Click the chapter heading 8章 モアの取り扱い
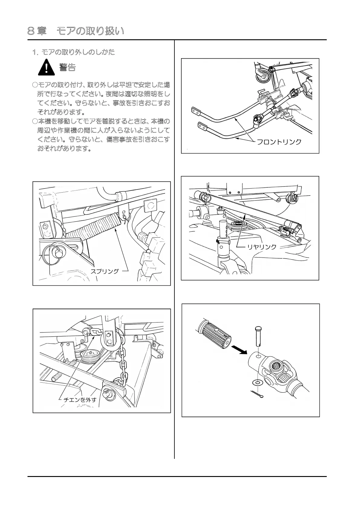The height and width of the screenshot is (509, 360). pyautogui.click(x=76, y=31)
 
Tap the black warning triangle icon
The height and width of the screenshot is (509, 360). pyautogui.click(x=46, y=67)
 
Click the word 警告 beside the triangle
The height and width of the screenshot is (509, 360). pyautogui.click(x=67, y=67)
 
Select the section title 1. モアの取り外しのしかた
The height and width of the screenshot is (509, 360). pyautogui.click(x=74, y=52)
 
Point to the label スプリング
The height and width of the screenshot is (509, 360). pyautogui.click(x=105, y=271)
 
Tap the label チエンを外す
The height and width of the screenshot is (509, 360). pyautogui.click(x=80, y=400)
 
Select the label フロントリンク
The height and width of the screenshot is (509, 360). pyautogui.click(x=279, y=142)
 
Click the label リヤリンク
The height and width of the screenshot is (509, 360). pyautogui.click(x=262, y=247)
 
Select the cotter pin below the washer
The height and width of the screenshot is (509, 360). pyautogui.click(x=257, y=394)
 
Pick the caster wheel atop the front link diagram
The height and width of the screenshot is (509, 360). pyautogui.click(x=262, y=74)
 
